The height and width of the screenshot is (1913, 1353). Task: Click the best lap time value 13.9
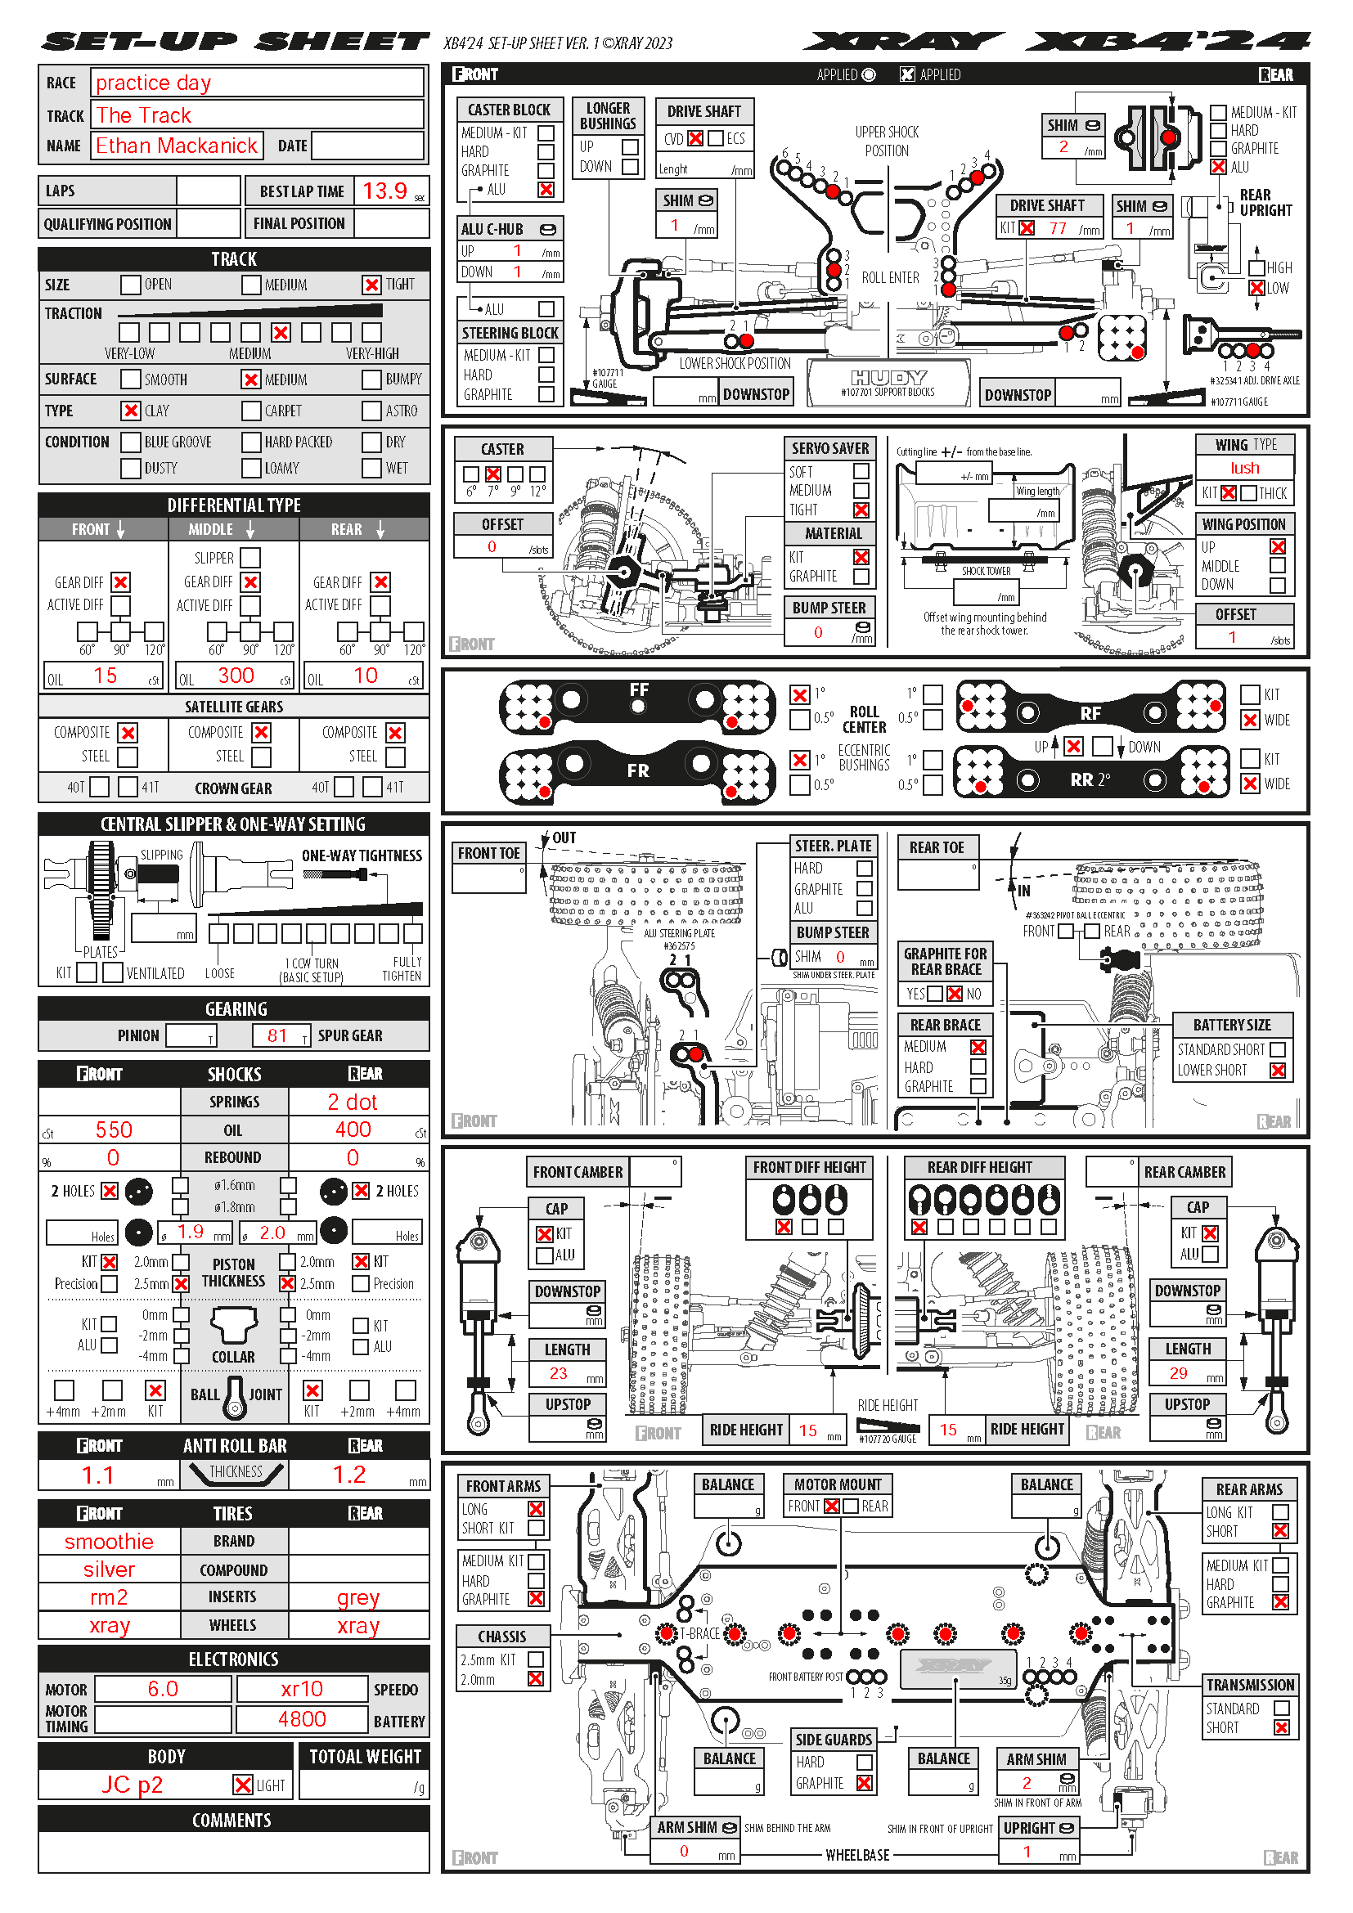[384, 191]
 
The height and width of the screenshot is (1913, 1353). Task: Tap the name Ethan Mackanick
[177, 146]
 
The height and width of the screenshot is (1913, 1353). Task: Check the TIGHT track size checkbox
[371, 285]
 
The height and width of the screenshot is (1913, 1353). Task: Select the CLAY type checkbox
[130, 411]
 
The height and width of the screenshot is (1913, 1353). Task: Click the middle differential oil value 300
[236, 676]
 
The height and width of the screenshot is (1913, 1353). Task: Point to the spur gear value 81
[277, 1035]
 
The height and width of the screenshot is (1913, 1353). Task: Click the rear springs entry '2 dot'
[353, 1102]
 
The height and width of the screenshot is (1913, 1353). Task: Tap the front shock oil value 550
[114, 1129]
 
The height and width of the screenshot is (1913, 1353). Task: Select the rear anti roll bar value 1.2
[349, 1475]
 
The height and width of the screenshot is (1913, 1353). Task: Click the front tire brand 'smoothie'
[109, 1542]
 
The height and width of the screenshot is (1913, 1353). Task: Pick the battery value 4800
[302, 1719]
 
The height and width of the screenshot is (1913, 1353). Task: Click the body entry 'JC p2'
[133, 1785]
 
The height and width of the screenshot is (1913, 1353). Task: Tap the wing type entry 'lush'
[1245, 469]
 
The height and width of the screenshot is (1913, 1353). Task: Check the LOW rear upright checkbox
[1256, 288]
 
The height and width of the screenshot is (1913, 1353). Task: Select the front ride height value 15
[808, 1430]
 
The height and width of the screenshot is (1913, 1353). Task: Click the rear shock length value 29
[1178, 1373]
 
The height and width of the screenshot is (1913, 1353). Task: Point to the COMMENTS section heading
[231, 1821]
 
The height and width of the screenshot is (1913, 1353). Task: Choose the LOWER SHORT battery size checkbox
[1277, 1071]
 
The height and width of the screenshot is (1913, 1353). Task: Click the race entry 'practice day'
[153, 83]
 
